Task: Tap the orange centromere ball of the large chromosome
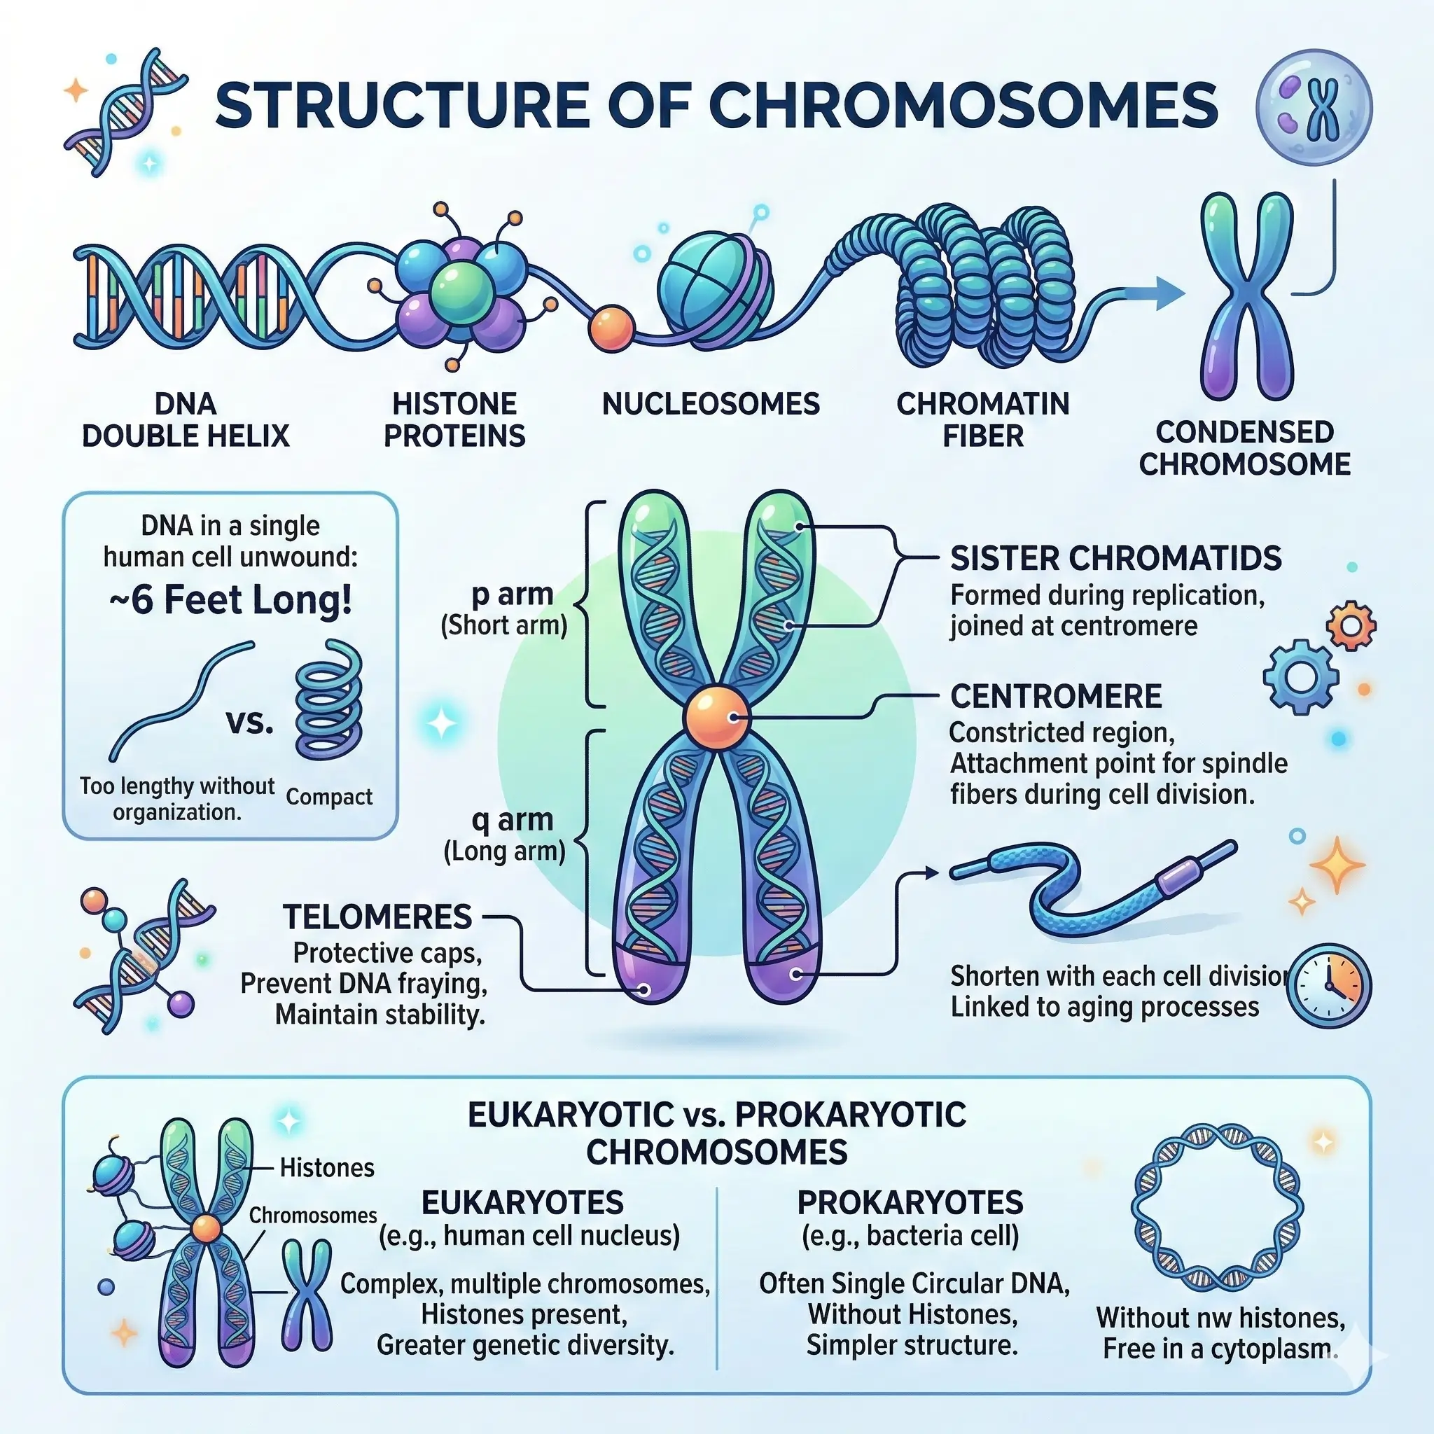716,718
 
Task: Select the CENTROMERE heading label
1055,696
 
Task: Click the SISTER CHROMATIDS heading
1115,558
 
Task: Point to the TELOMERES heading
377,917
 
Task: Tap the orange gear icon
1351,626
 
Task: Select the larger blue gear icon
1300,677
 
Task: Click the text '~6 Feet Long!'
231,601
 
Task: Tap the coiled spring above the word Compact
329,702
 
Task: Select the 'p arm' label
512,594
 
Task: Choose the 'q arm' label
512,819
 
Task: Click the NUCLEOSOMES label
710,405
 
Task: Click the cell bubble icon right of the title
1314,108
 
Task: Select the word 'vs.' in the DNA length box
249,721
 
